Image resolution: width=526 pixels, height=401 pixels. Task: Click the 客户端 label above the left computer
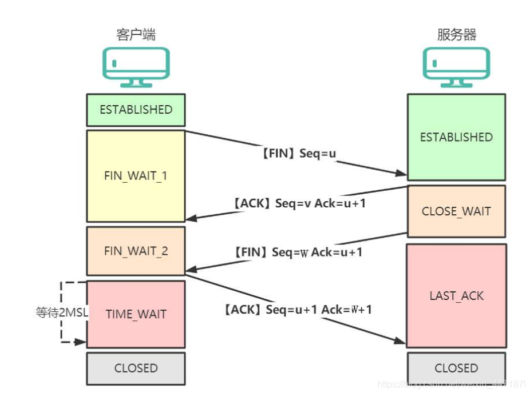[x=136, y=34]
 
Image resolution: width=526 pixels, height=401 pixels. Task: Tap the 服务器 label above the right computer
[x=456, y=34]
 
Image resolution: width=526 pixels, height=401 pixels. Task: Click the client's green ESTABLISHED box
[x=136, y=110]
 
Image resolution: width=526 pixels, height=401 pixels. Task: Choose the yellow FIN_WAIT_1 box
[x=136, y=176]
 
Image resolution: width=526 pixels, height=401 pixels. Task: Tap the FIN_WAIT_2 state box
[x=136, y=251]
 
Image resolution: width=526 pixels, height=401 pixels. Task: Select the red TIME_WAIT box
[x=136, y=314]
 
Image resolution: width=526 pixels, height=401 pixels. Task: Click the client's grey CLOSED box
[x=136, y=368]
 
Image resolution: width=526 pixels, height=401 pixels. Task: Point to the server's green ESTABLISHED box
[x=456, y=137]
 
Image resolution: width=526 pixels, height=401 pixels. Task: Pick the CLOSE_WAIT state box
[x=456, y=211]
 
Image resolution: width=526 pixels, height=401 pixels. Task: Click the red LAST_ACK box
[x=456, y=296]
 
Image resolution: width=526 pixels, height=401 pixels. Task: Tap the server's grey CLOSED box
[x=456, y=368]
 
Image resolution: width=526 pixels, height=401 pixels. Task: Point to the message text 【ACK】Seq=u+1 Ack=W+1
[x=298, y=310]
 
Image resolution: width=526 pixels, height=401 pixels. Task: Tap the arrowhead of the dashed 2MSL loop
[x=82, y=343]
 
